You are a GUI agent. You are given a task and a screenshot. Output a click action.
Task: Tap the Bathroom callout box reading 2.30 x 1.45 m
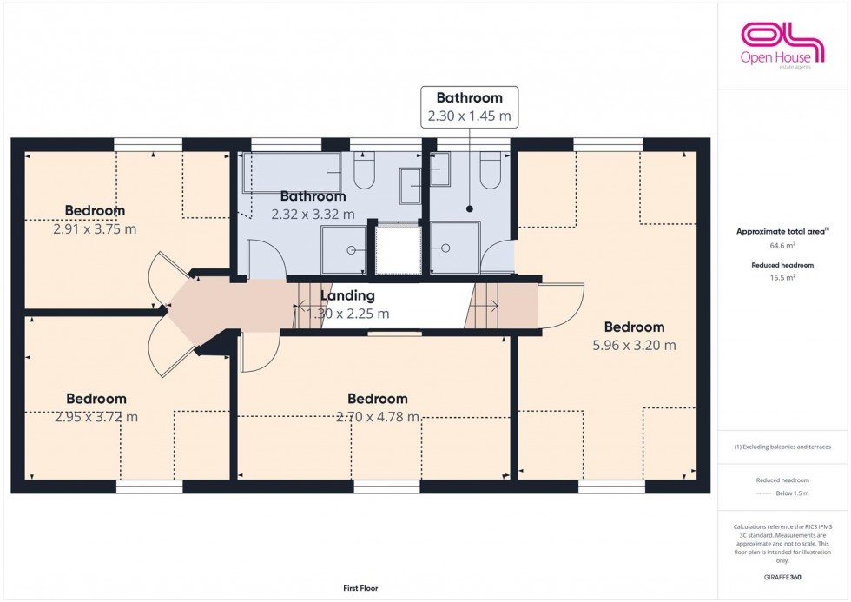[469, 106]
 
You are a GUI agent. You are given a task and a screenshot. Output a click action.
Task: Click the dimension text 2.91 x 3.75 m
[95, 229]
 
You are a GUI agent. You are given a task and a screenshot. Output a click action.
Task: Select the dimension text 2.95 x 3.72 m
[96, 417]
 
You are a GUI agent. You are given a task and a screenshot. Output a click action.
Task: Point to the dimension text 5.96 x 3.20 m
[634, 345]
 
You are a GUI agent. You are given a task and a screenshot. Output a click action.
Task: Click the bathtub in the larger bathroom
[291, 172]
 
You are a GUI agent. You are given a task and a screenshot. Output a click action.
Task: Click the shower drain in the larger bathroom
[352, 249]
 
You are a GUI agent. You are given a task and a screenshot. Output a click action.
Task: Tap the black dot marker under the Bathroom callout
[469, 208]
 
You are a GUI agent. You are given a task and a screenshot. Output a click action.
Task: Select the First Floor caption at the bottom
[360, 589]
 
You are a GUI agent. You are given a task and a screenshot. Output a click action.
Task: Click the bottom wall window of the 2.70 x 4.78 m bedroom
[386, 488]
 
